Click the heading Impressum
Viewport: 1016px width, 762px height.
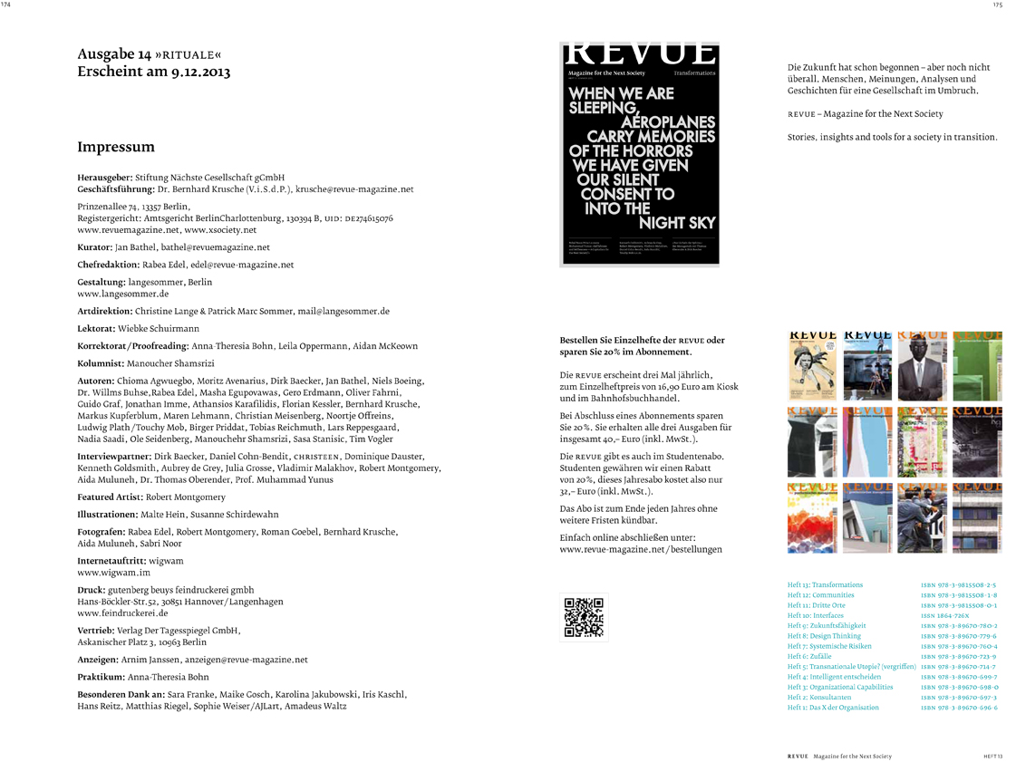116,147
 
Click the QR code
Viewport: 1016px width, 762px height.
585,617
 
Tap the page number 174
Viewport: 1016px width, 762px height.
6,5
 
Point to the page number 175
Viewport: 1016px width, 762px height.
996,5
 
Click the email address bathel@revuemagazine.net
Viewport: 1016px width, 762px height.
216,247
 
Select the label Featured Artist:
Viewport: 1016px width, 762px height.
110,497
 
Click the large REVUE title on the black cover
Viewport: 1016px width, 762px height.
640,53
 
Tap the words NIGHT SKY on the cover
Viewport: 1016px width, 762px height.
677,223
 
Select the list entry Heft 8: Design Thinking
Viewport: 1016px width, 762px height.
824,636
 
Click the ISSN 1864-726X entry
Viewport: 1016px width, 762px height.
945,615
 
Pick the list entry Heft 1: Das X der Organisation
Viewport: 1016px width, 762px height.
832,708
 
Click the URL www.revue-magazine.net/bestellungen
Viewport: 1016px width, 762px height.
640,550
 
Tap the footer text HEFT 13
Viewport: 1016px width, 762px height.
993,756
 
